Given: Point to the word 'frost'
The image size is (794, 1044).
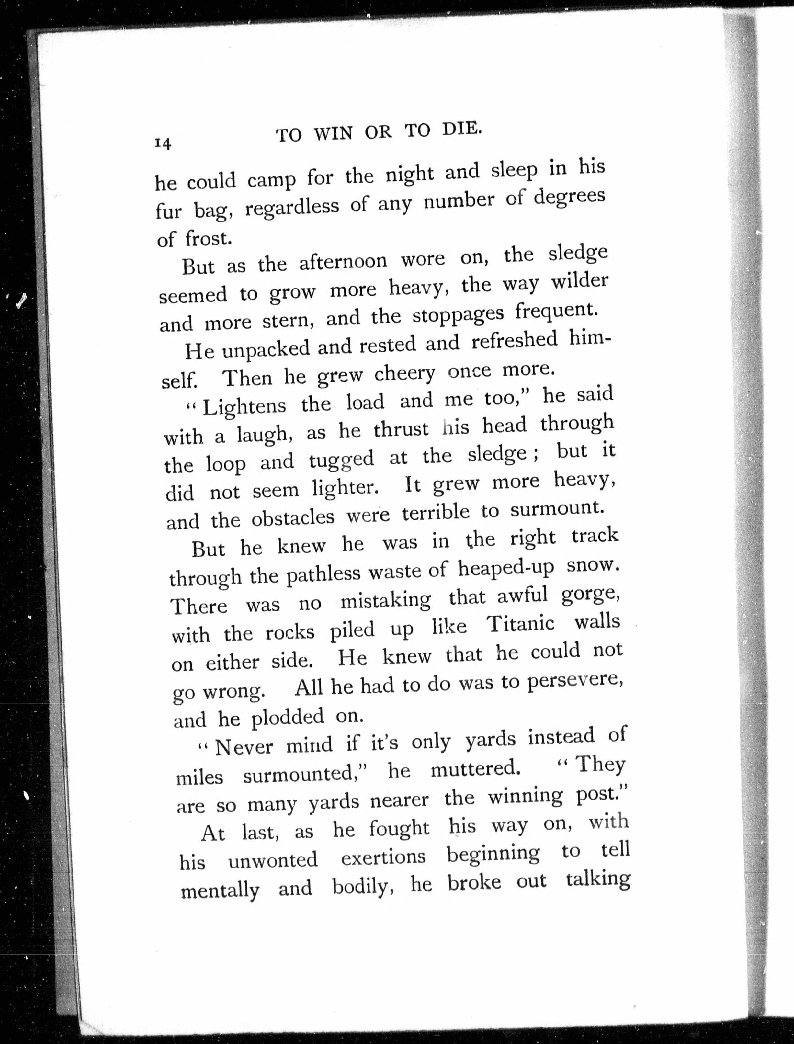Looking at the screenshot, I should tap(208, 239).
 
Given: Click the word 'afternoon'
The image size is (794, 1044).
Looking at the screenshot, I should tap(343, 261).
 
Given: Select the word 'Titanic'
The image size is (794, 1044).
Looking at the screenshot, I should tap(520, 625).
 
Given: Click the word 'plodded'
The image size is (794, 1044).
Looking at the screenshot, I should tap(287, 717).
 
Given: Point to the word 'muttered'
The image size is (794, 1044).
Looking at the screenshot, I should tap(475, 769).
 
